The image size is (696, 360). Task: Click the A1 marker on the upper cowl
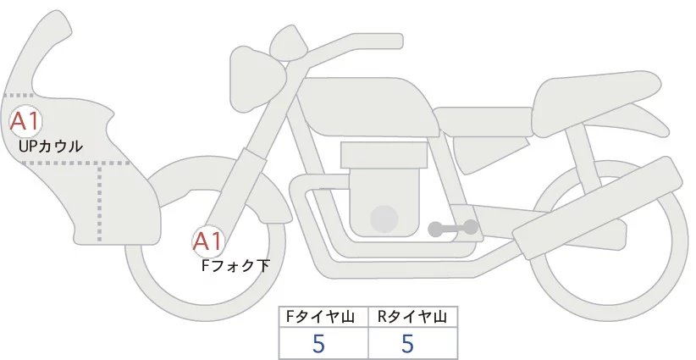tap(25, 121)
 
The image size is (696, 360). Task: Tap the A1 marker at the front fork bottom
tap(207, 242)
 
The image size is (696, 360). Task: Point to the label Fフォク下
tap(235, 265)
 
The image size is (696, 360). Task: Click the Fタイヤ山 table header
tap(323, 317)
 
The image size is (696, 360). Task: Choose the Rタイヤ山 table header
tap(412, 317)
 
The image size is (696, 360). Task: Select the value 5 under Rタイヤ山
tap(408, 344)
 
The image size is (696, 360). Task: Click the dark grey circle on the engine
tap(385, 219)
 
